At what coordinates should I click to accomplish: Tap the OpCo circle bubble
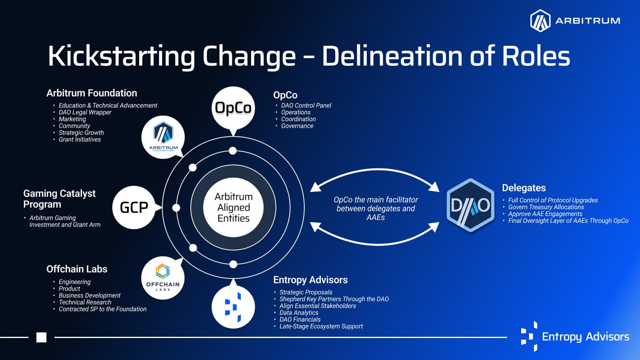click(233, 108)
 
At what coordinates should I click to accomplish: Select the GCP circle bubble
click(134, 208)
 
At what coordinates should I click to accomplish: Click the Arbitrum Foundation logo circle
click(163, 137)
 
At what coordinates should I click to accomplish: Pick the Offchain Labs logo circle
click(163, 278)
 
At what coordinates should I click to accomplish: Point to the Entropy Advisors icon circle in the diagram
click(233, 307)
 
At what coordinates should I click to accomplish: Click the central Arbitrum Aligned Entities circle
click(234, 208)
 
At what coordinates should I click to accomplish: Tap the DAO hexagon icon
click(470, 205)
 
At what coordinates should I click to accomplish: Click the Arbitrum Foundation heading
click(92, 93)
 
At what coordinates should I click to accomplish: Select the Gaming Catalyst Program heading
click(60, 199)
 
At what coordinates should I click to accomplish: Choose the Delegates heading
click(524, 188)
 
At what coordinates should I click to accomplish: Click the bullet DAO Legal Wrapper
click(85, 112)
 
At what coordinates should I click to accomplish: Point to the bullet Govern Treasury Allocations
click(546, 207)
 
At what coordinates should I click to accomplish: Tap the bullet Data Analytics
click(299, 313)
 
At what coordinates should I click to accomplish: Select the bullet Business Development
click(90, 296)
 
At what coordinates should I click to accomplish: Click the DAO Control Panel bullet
click(306, 106)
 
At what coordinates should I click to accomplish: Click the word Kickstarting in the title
click(121, 56)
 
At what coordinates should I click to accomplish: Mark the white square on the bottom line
click(42, 338)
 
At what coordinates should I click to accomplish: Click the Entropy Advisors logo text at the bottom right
click(586, 337)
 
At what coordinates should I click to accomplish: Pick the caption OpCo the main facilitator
click(376, 200)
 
